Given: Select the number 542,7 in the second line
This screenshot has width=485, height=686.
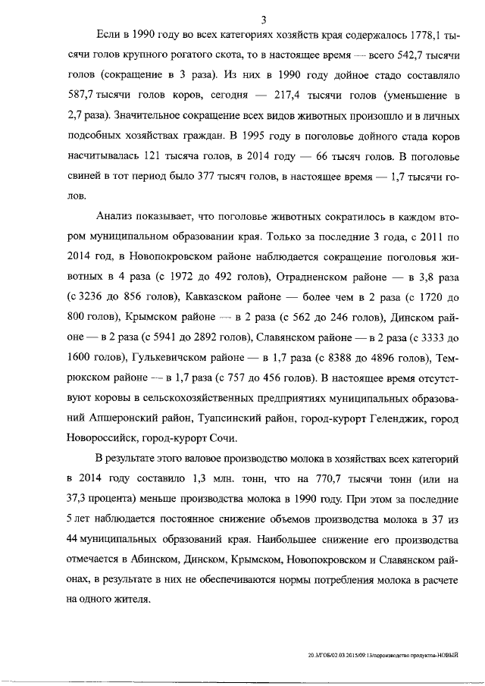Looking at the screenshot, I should click(x=390, y=58).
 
